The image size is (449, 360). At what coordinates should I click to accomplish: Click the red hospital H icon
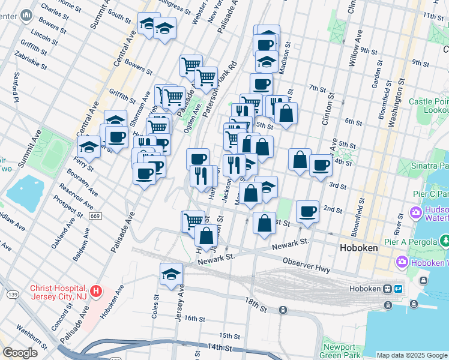pyautogui.click(x=95, y=292)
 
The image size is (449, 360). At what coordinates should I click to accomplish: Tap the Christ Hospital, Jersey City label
pyautogui.click(x=58, y=292)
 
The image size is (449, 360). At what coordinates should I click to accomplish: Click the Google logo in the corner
pyautogui.click(x=20, y=353)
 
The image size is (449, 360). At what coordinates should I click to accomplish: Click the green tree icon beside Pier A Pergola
pyautogui.click(x=444, y=241)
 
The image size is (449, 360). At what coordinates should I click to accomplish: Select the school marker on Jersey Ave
pyautogui.click(x=171, y=274)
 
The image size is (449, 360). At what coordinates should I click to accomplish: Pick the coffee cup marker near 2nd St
pyautogui.click(x=307, y=211)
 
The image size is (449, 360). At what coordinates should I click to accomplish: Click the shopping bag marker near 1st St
pyautogui.click(x=264, y=223)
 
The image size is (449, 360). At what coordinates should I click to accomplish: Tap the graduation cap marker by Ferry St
pyautogui.click(x=89, y=146)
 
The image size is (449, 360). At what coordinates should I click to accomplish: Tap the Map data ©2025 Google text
pyautogui.click(x=412, y=355)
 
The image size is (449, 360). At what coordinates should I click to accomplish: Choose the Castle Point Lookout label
pyautogui.click(x=429, y=106)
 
